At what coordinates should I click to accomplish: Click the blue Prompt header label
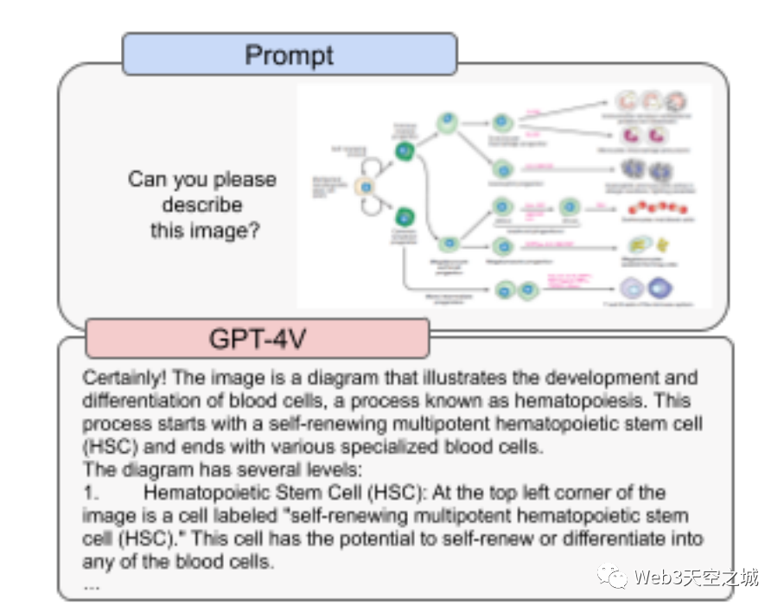point(289,54)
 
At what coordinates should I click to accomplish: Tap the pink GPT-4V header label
point(257,339)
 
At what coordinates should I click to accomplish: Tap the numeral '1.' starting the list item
point(91,493)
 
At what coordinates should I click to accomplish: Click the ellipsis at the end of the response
point(92,585)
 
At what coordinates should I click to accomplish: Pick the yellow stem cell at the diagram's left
point(366,187)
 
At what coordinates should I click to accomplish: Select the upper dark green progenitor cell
point(404,151)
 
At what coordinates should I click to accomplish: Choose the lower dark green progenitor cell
point(404,216)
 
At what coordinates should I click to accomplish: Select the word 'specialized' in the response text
point(464,448)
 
